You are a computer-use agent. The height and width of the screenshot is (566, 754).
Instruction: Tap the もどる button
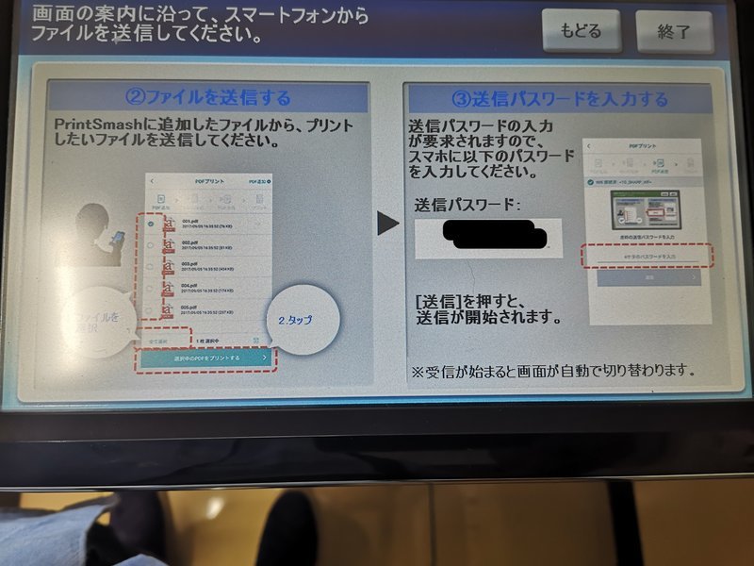(582, 30)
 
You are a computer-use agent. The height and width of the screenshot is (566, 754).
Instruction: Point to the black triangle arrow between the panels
(387, 223)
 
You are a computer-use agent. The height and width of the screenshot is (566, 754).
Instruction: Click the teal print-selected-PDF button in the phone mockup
(206, 358)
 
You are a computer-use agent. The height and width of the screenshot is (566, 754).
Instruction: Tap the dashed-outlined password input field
(647, 256)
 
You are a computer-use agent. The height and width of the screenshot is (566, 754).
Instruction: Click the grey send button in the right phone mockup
(647, 278)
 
